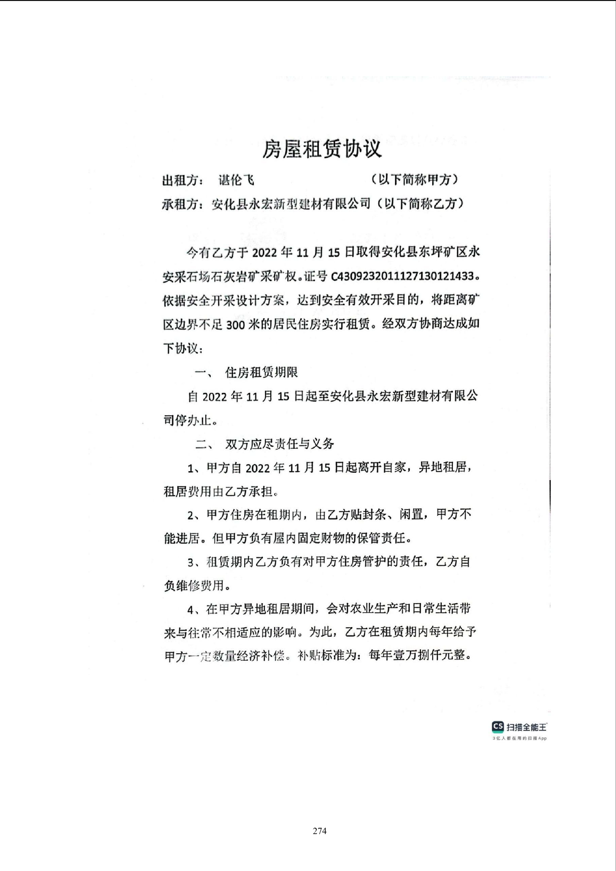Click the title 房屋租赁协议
[x=322, y=149]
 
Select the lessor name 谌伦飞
[x=236, y=180]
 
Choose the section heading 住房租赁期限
[x=261, y=373]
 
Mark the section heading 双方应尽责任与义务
[x=279, y=444]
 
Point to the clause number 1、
[x=194, y=469]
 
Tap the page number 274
[x=320, y=831]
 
